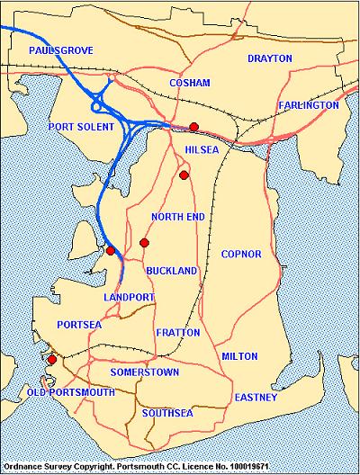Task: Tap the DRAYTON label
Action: point(270,58)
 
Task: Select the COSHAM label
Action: point(190,83)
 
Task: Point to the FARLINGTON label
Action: point(309,105)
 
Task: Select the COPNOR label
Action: point(240,255)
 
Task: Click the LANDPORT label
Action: point(130,297)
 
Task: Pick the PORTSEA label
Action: point(75,325)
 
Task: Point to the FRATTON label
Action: point(171,333)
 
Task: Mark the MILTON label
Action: point(239,356)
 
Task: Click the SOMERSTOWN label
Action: point(145,372)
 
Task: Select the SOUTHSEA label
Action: point(166,414)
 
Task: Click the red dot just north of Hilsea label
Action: point(193,127)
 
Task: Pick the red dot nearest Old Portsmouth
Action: point(52,360)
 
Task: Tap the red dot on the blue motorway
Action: point(111,251)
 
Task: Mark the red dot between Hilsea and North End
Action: point(184,175)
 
